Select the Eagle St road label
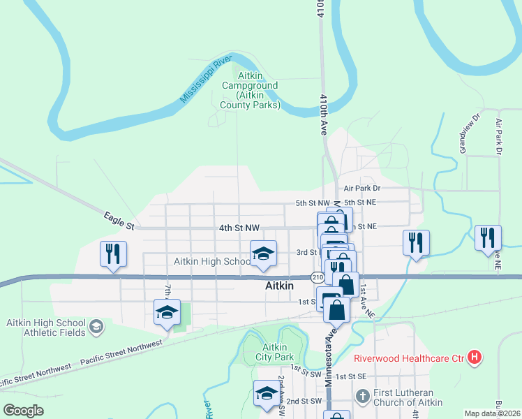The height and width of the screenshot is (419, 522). point(118,221)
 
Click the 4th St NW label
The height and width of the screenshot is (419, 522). point(239,228)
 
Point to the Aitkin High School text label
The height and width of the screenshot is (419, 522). point(211,261)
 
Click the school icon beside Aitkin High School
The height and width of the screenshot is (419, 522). point(264,253)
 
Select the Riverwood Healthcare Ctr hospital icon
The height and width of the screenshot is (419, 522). point(475,358)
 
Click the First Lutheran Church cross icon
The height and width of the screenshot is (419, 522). point(361,397)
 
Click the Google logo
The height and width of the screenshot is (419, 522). point(24,410)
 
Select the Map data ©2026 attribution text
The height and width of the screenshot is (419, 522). point(492,413)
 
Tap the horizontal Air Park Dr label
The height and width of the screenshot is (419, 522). point(361,189)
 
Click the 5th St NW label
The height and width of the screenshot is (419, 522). point(311,203)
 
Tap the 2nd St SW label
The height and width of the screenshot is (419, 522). point(304,401)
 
